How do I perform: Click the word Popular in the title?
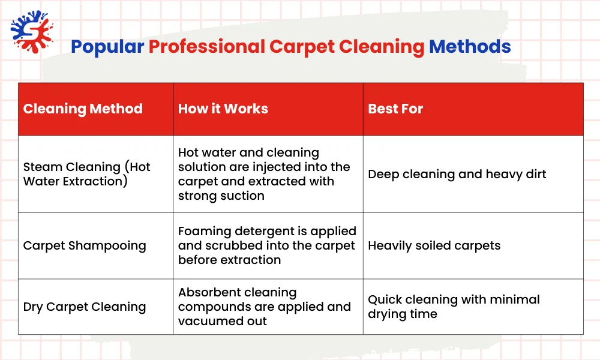[x=107, y=47]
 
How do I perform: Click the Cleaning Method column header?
[x=83, y=109]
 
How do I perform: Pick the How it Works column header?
[x=223, y=109]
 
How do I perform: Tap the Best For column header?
[x=395, y=109]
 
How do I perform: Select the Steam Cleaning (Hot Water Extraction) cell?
[x=87, y=174]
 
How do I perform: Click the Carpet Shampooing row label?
[x=85, y=245]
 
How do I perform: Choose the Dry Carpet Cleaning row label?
[x=85, y=307]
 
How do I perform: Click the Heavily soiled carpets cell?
[x=434, y=245]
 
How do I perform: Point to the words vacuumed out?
[x=223, y=321]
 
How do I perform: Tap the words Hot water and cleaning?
[x=248, y=152]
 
